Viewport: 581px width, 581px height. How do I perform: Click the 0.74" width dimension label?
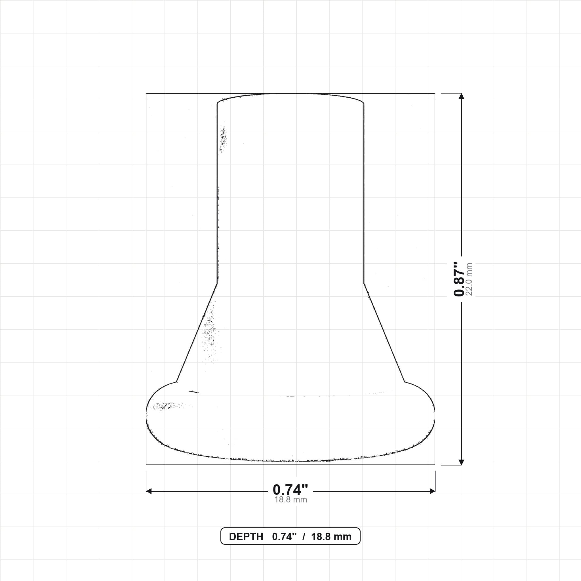pyautogui.click(x=290, y=490)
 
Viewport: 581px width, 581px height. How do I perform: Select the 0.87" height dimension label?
pyautogui.click(x=459, y=279)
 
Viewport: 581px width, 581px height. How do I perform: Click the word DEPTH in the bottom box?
pyautogui.click(x=246, y=537)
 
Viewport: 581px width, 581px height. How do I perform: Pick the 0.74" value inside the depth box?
pyautogui.click(x=284, y=537)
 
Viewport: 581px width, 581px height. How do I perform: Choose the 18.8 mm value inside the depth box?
pyautogui.click(x=331, y=537)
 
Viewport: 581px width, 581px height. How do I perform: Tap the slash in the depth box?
pyautogui.click(x=304, y=537)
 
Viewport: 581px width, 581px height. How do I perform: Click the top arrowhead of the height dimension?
pyautogui.click(x=461, y=96)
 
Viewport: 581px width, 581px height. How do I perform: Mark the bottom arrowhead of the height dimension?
pyautogui.click(x=461, y=462)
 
